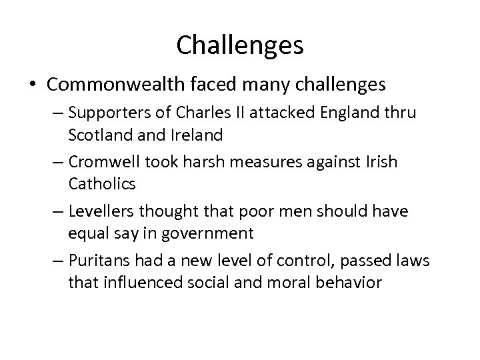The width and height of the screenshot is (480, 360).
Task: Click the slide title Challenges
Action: pos(240,45)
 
